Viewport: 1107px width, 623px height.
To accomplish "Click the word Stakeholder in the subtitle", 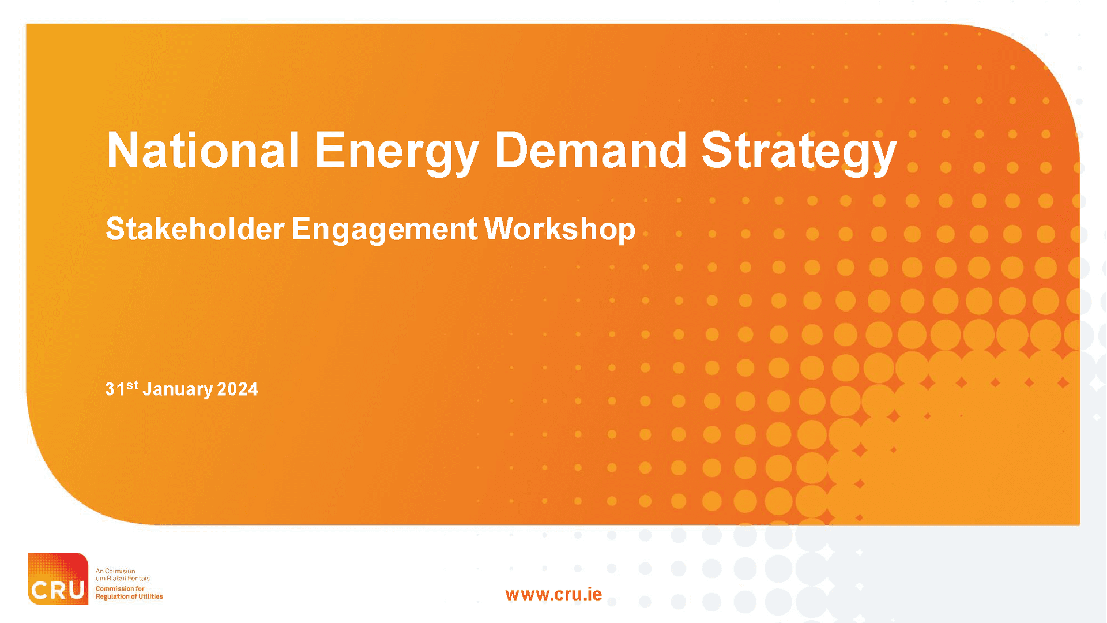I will click(195, 229).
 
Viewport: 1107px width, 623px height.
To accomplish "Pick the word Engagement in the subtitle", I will click(384, 229).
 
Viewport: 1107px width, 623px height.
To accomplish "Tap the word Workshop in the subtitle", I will click(559, 229).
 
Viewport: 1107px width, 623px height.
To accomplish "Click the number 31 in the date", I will click(115, 389).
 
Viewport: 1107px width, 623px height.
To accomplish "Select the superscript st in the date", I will click(132, 385).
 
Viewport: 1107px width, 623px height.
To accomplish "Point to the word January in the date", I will click(178, 389).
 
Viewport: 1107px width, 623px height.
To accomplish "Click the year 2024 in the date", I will click(238, 389).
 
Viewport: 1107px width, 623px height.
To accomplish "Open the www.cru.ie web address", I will click(553, 594).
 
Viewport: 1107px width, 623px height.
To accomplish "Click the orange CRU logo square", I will click(58, 578).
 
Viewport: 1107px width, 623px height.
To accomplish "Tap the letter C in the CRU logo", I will click(39, 590).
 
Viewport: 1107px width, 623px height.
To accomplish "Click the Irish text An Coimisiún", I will click(115, 571).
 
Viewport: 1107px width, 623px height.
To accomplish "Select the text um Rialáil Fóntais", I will click(122, 578).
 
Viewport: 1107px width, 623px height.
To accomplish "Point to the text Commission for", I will click(120, 589).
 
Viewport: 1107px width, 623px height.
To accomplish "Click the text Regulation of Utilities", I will click(129, 596).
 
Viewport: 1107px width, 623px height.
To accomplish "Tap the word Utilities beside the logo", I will click(150, 596).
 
